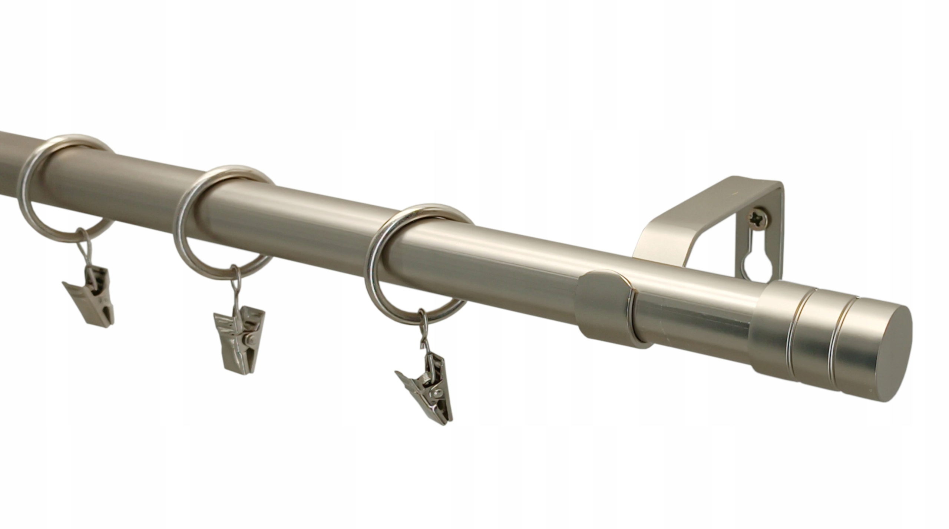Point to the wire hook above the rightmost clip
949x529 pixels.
pos(424,330)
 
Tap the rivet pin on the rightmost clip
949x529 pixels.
pos(439,392)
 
